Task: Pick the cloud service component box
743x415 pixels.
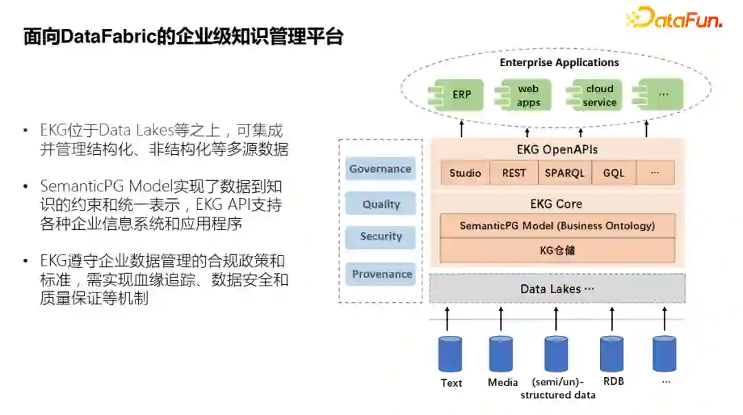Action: pos(596,95)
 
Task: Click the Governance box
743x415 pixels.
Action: pos(380,169)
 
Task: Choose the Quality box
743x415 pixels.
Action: pos(380,204)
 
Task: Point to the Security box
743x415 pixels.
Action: pos(380,236)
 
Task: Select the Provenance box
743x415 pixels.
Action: pos(382,274)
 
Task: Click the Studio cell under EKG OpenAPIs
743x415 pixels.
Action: pos(465,173)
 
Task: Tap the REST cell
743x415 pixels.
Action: pos(513,173)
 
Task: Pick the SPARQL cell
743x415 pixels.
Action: pos(564,173)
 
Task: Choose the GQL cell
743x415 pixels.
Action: pos(613,173)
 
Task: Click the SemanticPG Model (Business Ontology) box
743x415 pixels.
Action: pos(557,226)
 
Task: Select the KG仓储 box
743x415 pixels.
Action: pos(557,250)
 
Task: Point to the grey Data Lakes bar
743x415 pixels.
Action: pos(557,289)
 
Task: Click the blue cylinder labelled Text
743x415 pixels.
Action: pos(451,354)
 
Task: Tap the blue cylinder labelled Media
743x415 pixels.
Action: pos(501,354)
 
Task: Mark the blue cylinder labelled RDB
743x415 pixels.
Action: pos(612,354)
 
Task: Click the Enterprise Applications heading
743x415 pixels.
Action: pos(559,63)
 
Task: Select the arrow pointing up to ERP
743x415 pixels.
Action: pos(461,128)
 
